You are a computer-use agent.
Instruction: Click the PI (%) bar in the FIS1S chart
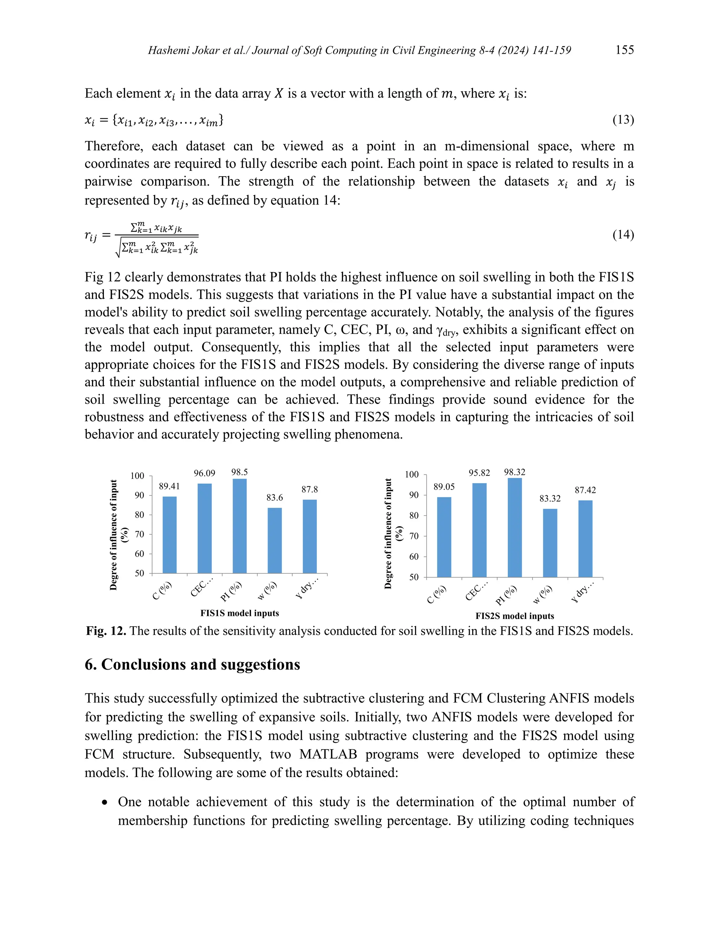click(x=239, y=526)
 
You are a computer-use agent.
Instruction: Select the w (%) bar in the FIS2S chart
click(x=550, y=543)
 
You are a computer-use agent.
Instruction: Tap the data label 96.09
click(x=204, y=473)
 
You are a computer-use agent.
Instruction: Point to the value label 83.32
click(x=550, y=498)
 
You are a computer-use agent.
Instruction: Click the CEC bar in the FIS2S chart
click(x=479, y=530)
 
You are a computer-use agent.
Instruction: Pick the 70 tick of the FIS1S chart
click(x=140, y=534)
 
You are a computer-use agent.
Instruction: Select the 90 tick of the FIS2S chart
click(x=414, y=495)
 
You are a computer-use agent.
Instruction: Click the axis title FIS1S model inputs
click(x=239, y=613)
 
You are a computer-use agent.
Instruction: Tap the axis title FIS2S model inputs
click(x=515, y=616)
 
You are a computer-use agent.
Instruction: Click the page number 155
click(x=625, y=50)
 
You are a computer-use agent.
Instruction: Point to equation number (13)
click(x=623, y=120)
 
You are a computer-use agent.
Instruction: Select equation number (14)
click(x=623, y=235)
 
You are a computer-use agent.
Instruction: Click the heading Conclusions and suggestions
click(x=192, y=664)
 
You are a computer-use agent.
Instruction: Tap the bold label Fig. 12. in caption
click(x=106, y=631)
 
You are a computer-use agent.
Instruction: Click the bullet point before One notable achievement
click(x=105, y=802)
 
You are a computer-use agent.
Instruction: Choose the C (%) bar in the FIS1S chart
click(x=170, y=535)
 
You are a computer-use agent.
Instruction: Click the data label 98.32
click(x=515, y=472)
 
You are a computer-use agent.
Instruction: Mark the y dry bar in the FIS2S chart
click(x=585, y=539)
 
